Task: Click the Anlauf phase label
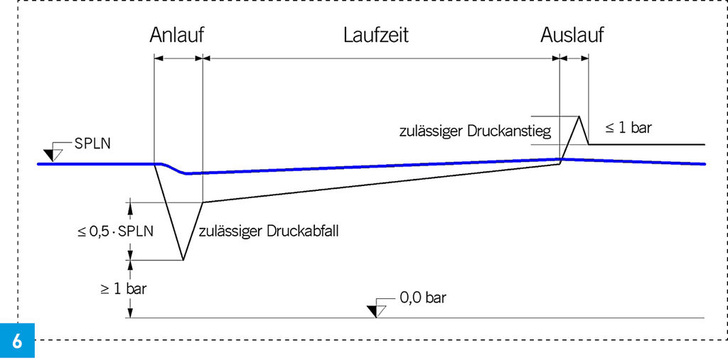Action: (177, 36)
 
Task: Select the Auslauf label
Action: (572, 36)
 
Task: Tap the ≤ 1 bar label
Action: (629, 128)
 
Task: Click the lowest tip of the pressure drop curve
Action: (183, 261)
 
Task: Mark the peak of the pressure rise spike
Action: (579, 116)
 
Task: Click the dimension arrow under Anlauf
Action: (178, 59)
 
